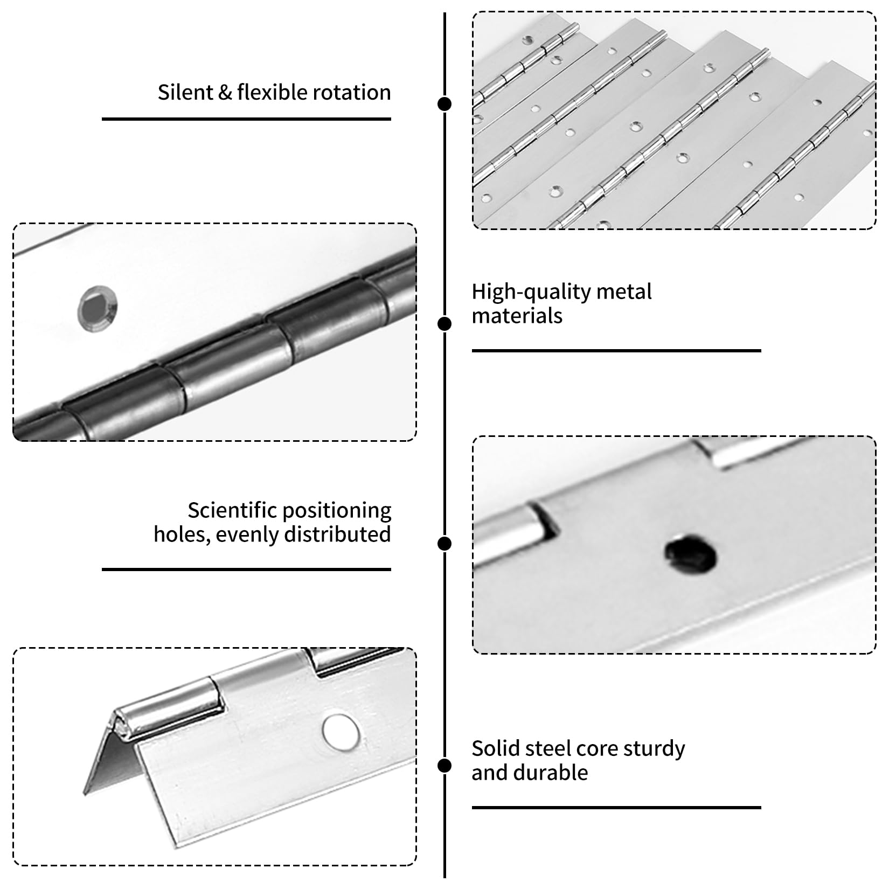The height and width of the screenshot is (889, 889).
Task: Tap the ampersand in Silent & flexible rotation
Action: [225, 93]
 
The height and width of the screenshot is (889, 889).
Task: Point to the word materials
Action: [517, 316]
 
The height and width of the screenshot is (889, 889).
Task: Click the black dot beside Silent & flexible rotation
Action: [444, 104]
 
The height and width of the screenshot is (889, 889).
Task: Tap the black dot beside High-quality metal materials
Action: [444, 324]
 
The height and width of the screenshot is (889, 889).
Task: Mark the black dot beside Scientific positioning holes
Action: [444, 544]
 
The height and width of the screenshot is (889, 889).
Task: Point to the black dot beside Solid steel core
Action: [444, 766]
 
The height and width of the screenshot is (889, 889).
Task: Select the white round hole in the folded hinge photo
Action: [341, 732]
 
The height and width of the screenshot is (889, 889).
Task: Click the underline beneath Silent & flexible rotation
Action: [246, 119]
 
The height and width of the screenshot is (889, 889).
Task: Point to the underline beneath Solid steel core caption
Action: [616, 808]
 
